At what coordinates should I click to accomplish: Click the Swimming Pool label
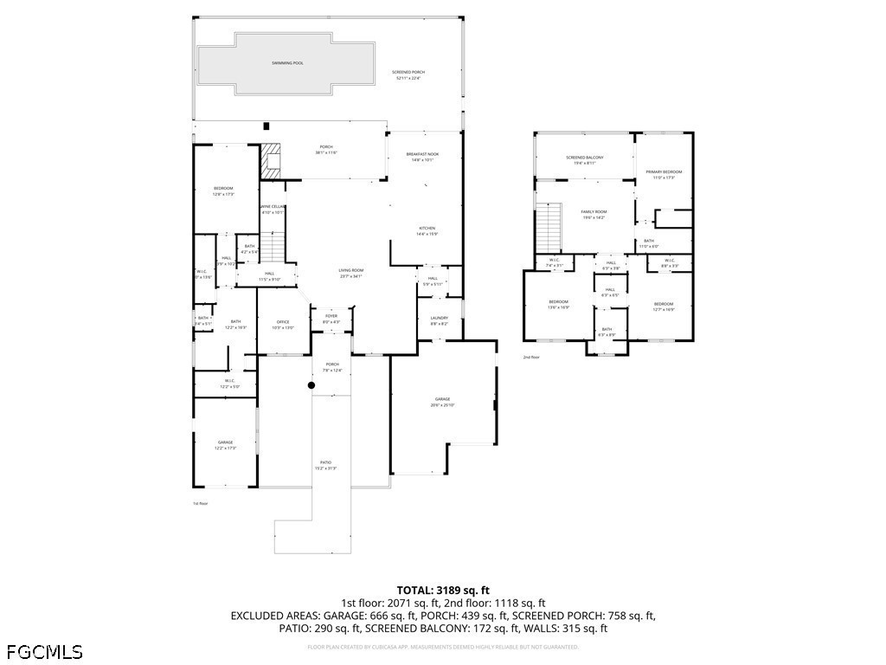pos(287,63)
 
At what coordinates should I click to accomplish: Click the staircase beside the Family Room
pos(548,227)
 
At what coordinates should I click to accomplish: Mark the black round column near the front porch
pos(311,385)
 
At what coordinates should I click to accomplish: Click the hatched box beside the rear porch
pos(273,162)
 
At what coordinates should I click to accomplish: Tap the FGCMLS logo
pos(45,650)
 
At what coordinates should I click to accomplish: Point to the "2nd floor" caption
pos(530,357)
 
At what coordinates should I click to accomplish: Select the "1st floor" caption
pos(200,503)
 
